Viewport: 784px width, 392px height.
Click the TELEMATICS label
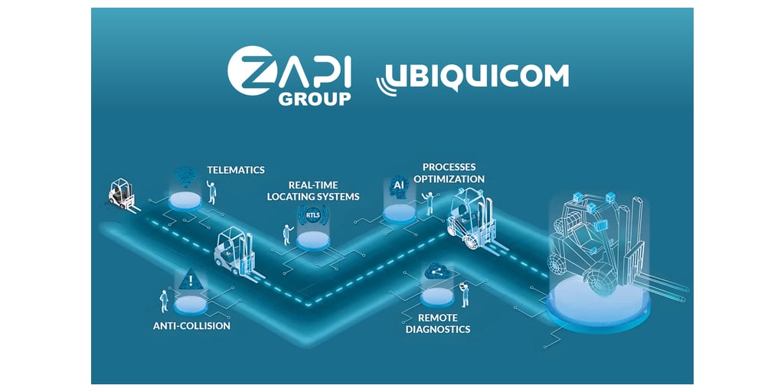tap(236, 169)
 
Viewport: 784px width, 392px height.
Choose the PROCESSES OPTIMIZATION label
tap(452, 172)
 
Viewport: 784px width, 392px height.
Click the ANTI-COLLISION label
tap(191, 325)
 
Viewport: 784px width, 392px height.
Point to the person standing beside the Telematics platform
tap(212, 192)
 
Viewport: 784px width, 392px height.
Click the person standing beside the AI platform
tap(430, 203)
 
